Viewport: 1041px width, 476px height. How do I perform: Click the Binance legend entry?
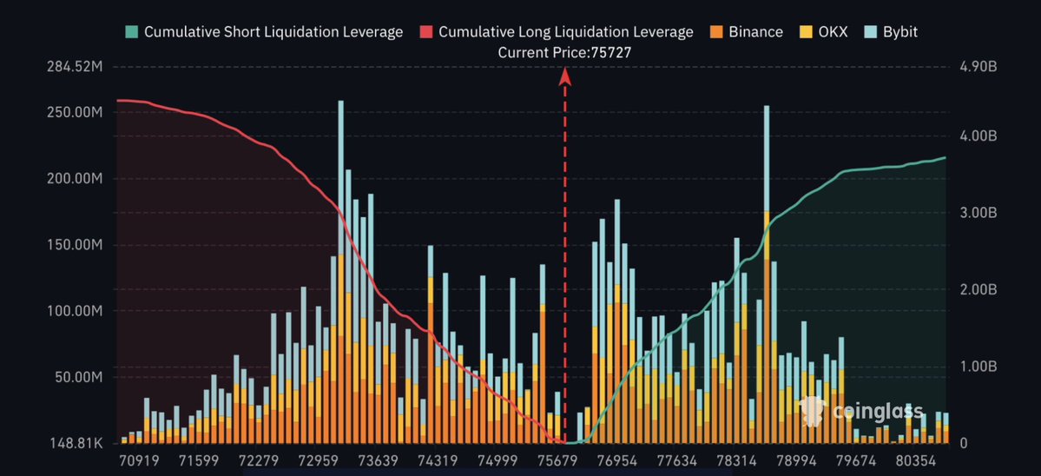tap(747, 32)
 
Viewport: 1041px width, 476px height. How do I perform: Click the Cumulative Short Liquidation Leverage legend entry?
tap(264, 32)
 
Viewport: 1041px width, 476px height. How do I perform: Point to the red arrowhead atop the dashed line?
tap(564, 76)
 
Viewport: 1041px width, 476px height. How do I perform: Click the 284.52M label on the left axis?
tap(76, 67)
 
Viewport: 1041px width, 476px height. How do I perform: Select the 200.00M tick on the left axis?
tap(76, 179)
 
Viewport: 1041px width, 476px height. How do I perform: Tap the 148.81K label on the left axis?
tap(76, 443)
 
